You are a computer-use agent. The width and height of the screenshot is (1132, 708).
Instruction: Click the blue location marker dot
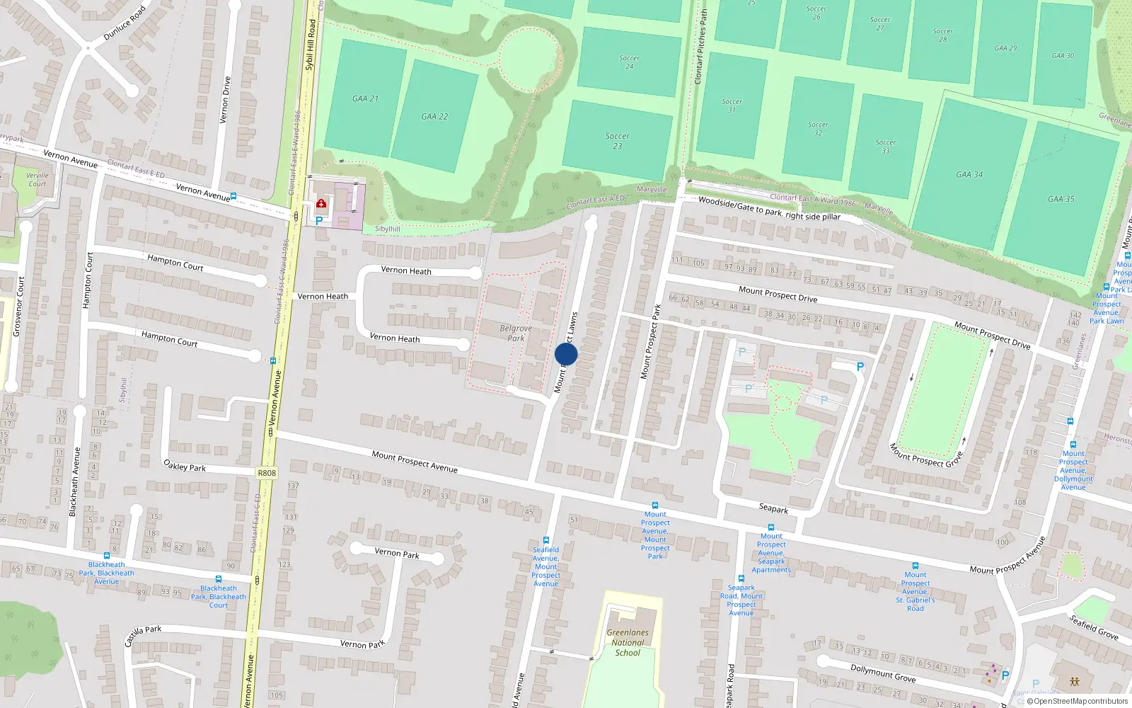click(x=566, y=354)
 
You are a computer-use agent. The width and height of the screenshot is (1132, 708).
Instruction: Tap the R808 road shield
click(x=267, y=473)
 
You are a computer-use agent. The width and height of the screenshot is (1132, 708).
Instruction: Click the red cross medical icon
click(x=321, y=205)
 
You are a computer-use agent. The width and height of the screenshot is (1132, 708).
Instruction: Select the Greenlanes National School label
click(x=628, y=643)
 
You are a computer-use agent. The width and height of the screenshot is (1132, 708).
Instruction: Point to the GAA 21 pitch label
click(x=366, y=98)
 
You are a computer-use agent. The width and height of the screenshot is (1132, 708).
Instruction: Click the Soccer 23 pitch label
click(x=618, y=141)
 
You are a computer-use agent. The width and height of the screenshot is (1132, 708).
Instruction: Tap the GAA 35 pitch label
click(x=1061, y=199)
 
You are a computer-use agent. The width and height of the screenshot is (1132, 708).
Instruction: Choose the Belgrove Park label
click(x=516, y=333)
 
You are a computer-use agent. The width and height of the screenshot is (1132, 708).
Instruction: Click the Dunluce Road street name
click(x=125, y=23)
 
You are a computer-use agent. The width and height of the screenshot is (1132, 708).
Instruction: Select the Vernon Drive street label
click(x=225, y=100)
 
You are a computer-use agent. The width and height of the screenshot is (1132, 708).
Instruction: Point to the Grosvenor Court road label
click(x=19, y=306)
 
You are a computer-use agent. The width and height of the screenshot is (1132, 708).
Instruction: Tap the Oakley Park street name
click(x=185, y=467)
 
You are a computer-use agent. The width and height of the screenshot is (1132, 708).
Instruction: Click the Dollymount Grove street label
click(x=883, y=673)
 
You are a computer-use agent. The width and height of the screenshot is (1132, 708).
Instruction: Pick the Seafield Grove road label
click(x=1094, y=627)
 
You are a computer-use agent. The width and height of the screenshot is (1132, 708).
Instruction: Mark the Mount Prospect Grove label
click(x=926, y=455)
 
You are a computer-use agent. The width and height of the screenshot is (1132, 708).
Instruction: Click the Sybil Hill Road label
click(x=311, y=44)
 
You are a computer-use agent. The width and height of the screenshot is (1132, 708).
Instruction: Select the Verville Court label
click(x=37, y=179)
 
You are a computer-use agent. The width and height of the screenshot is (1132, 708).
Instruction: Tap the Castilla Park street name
click(x=143, y=635)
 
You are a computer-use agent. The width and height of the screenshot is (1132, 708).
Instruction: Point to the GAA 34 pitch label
click(x=969, y=174)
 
